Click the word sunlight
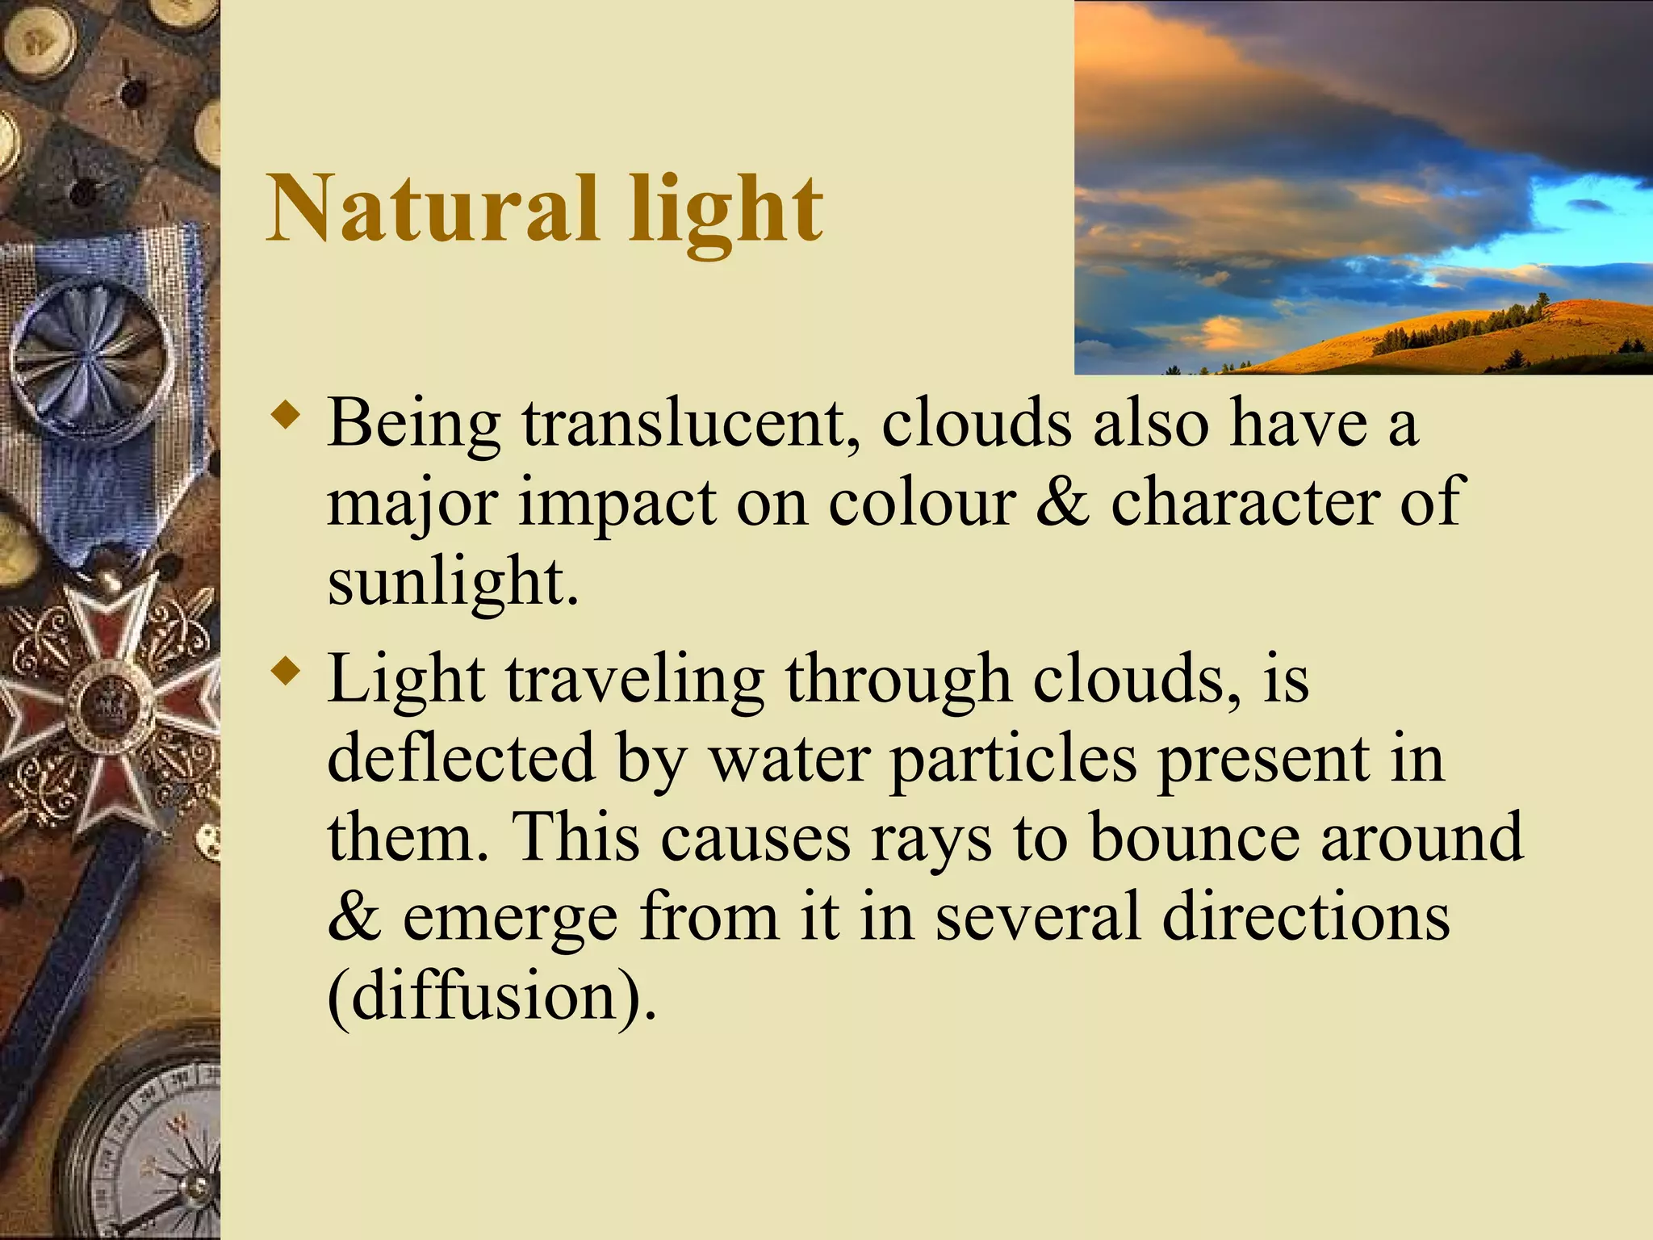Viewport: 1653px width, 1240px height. [453, 581]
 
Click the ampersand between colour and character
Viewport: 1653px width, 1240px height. [1062, 501]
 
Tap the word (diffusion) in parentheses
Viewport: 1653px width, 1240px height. [492, 996]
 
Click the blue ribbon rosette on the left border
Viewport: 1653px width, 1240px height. [90, 350]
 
